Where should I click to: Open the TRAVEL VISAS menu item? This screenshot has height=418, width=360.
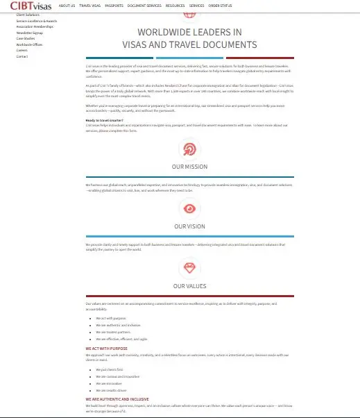tap(89, 6)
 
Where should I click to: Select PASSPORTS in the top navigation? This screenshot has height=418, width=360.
tap(114, 6)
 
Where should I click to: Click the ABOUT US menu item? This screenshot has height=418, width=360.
tap(67, 6)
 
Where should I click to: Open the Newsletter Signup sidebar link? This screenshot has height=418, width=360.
tap(29, 32)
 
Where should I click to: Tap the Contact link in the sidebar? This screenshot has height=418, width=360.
tap(22, 56)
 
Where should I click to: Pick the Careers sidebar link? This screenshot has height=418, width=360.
tap(22, 50)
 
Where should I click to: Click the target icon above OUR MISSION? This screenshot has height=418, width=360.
tap(189, 149)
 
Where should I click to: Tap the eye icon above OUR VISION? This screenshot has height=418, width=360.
tap(189, 208)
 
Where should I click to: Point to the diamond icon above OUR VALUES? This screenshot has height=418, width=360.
tap(189, 268)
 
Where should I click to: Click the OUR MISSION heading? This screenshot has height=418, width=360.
tap(189, 167)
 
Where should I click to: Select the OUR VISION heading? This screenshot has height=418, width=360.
tap(189, 226)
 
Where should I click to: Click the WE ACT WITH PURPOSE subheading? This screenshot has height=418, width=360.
tap(107, 348)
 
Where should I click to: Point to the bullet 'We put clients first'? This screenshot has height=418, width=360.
tap(110, 369)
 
